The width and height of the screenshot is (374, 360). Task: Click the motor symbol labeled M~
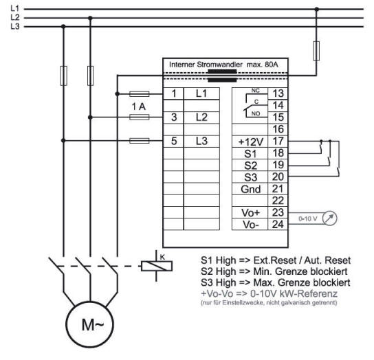(89, 324)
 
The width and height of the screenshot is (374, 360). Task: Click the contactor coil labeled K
(157, 266)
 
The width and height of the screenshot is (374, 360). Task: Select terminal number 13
(278, 93)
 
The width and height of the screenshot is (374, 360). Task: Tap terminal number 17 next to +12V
(278, 141)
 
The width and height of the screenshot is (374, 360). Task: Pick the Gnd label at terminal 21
(250, 190)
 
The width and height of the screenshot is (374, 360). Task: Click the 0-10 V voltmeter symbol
(329, 218)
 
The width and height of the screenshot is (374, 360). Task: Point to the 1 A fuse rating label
(139, 106)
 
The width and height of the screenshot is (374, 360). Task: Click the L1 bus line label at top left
(15, 8)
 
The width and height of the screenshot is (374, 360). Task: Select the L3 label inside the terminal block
(201, 141)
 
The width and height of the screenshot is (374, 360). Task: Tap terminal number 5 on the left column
(174, 141)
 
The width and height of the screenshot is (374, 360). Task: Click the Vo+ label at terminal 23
(250, 213)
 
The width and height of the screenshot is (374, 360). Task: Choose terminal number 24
(278, 225)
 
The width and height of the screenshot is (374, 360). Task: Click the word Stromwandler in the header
(219, 65)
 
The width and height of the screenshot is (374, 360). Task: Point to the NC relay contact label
(256, 91)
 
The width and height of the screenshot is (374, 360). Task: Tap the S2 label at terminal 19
(250, 166)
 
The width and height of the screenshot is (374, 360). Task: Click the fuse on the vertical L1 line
(316, 51)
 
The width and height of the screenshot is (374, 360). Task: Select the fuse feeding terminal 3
(140, 117)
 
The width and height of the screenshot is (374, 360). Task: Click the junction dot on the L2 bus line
(90, 18)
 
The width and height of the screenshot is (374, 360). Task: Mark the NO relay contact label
(256, 114)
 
